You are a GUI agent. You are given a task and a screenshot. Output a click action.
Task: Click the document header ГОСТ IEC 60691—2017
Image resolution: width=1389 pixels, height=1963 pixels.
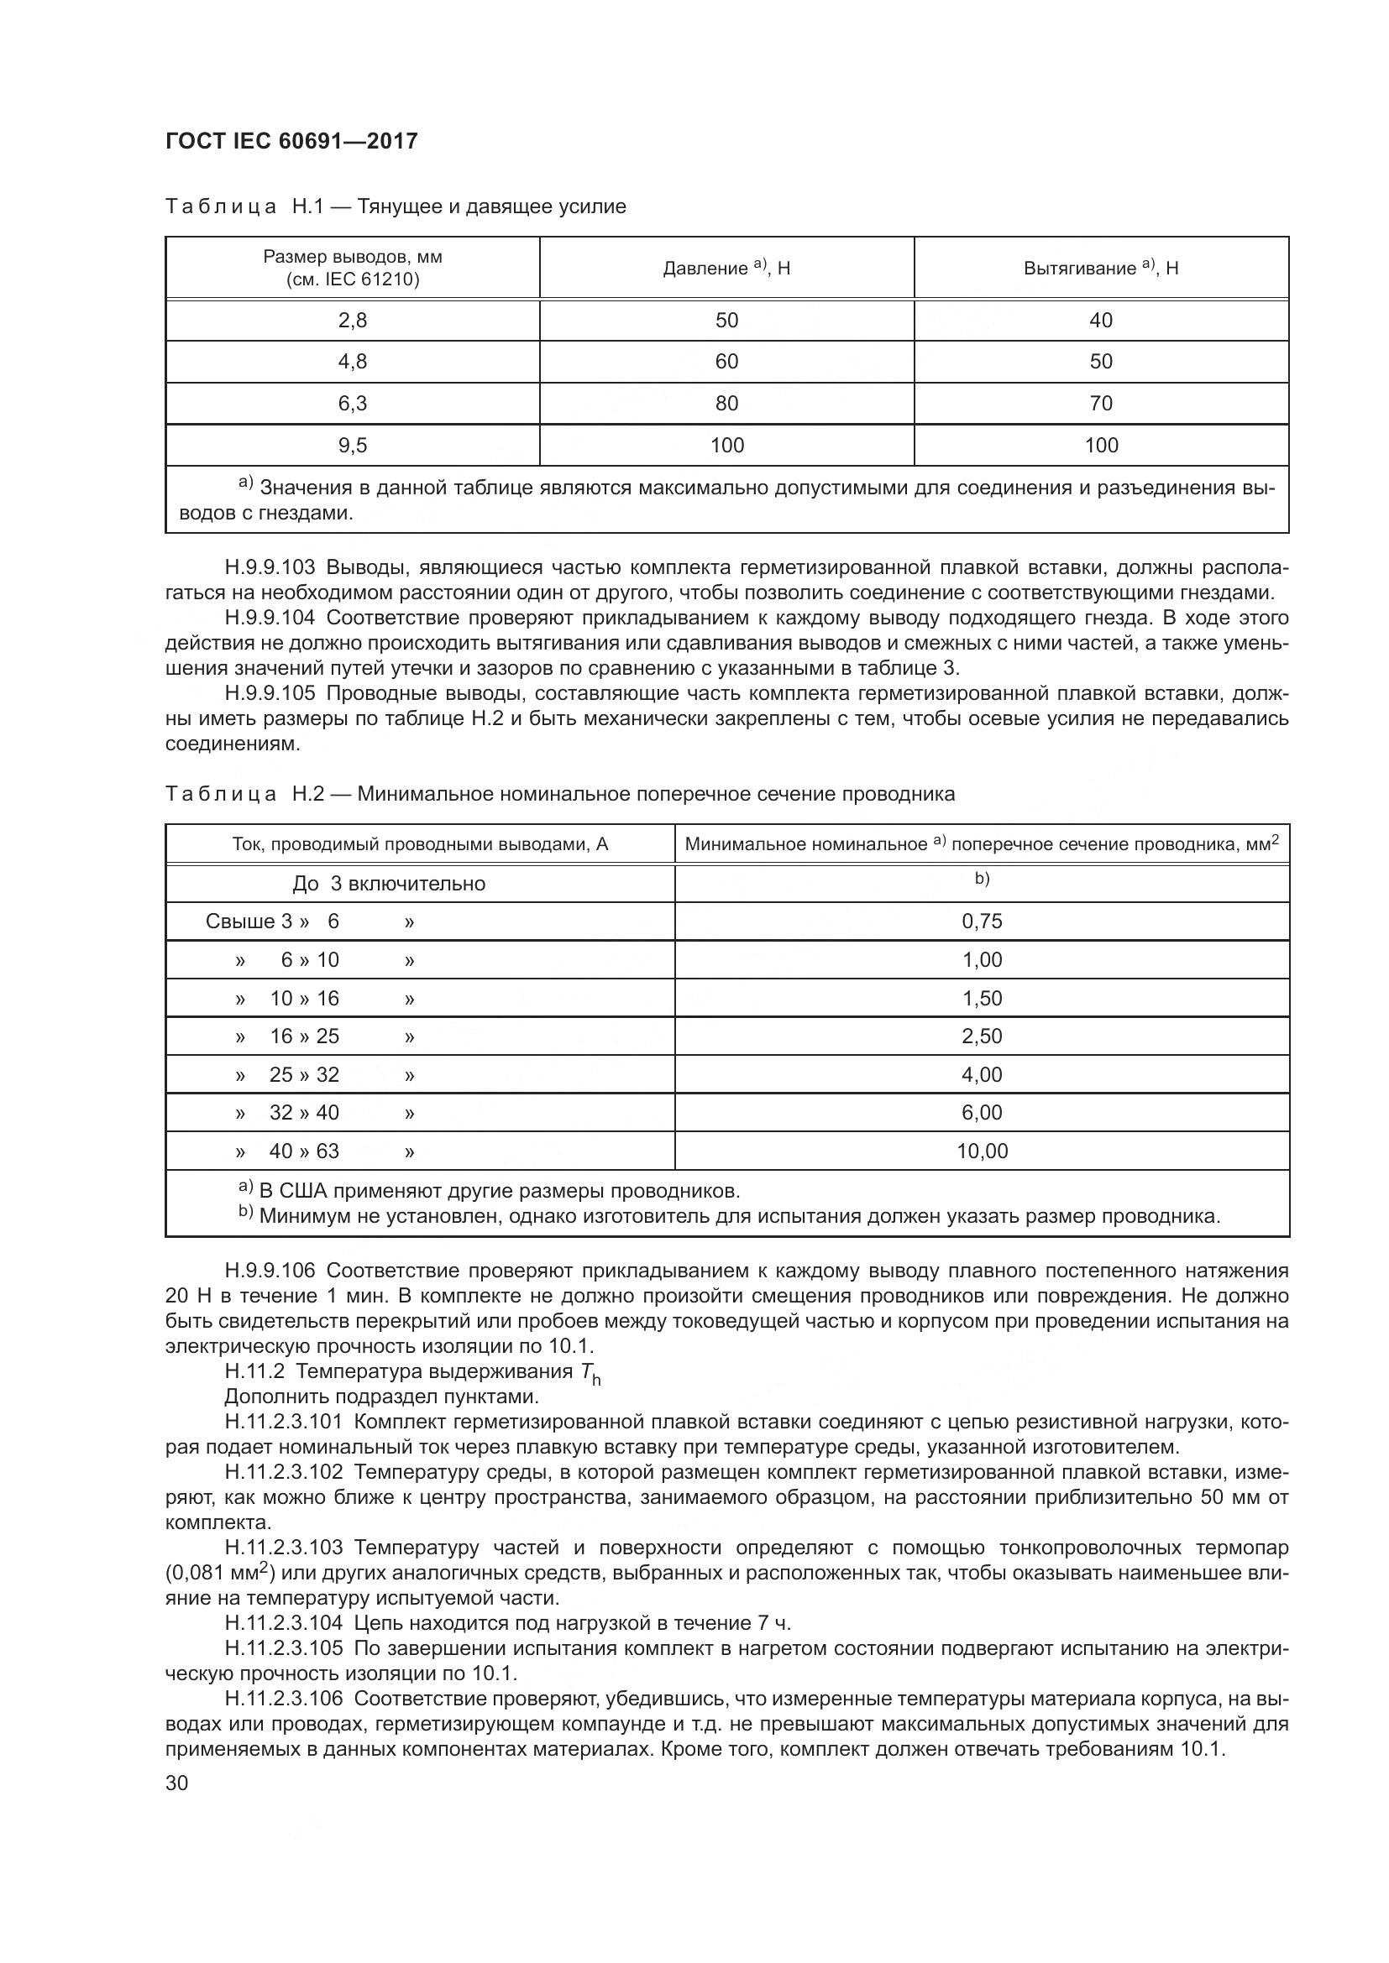pyautogui.click(x=291, y=141)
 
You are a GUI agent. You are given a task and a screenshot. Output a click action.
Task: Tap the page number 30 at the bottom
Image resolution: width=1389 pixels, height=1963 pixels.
pyautogui.click(x=177, y=1783)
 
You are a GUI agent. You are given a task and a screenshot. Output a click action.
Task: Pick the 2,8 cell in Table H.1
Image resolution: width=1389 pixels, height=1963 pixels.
pyautogui.click(x=353, y=320)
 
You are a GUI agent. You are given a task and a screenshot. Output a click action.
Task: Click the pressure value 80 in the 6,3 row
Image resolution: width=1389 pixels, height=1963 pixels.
pyautogui.click(x=726, y=403)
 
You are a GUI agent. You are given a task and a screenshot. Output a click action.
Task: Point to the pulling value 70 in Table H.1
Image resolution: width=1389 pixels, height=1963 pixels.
pyautogui.click(x=1101, y=403)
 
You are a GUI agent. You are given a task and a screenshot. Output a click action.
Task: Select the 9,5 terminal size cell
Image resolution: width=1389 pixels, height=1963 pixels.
pyautogui.click(x=353, y=445)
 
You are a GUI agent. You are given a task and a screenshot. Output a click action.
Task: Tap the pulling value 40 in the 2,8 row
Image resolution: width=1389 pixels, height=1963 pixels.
pyautogui.click(x=1101, y=320)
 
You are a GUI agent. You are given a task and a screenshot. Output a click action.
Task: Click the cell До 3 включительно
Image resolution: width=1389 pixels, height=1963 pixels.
pyautogui.click(x=388, y=883)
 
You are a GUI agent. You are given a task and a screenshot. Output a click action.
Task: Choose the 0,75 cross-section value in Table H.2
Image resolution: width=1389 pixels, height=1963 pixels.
pyautogui.click(x=982, y=921)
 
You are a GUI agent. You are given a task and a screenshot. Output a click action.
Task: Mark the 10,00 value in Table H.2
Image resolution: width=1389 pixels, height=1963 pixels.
pyautogui.click(x=982, y=1151)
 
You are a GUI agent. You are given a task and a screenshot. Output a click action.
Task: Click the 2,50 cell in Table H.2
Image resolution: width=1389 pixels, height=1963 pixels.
pyautogui.click(x=982, y=1036)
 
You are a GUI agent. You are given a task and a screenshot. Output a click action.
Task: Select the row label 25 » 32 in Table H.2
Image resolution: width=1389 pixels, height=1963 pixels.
pyautogui.click(x=304, y=1074)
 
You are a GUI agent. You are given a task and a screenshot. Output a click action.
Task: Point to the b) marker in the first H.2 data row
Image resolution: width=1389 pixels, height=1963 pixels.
pyautogui.click(x=982, y=879)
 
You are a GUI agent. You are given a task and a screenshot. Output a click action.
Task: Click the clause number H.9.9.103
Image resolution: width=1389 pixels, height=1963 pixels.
pyautogui.click(x=270, y=566)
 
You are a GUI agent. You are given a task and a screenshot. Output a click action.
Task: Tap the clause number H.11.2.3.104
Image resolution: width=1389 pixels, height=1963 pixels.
pyautogui.click(x=283, y=1623)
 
